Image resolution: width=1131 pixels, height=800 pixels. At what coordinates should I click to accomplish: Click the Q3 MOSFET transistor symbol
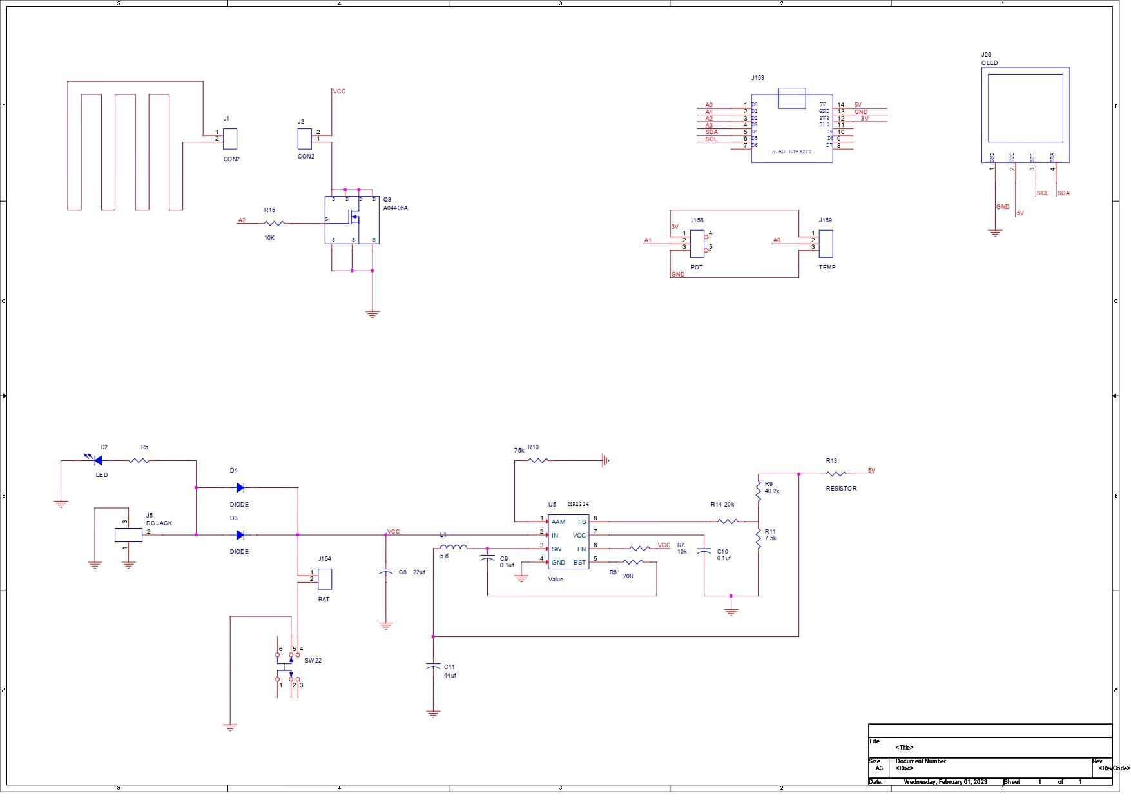coord(352,220)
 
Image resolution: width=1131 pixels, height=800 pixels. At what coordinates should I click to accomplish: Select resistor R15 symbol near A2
coord(275,223)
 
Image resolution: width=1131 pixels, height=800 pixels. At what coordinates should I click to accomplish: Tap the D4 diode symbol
coord(240,487)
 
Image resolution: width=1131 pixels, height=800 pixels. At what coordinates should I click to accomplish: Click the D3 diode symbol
coord(240,534)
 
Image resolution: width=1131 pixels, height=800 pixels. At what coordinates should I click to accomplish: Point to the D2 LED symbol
coord(98,460)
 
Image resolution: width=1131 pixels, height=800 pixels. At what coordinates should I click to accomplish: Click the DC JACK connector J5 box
coord(128,534)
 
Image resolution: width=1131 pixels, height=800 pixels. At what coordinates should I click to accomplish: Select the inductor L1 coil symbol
coord(454,548)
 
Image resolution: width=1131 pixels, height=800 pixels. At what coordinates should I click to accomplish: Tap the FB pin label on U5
coord(581,522)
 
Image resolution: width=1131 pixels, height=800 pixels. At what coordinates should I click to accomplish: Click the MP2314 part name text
coord(578,504)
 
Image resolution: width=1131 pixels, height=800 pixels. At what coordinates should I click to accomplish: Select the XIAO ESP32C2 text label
coord(791,151)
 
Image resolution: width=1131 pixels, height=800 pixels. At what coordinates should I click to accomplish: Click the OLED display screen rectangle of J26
coord(1025,108)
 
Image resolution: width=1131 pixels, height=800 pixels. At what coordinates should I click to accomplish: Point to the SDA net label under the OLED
coord(1063,193)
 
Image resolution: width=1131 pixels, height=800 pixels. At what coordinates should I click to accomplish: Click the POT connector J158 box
coord(697,244)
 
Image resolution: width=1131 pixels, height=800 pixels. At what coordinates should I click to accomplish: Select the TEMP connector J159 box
coord(826,244)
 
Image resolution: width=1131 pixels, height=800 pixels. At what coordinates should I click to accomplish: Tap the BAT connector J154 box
coord(325,578)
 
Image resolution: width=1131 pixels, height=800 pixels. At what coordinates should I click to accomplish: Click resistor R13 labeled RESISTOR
coord(836,474)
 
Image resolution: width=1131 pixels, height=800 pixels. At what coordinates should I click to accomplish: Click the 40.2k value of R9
coord(772,491)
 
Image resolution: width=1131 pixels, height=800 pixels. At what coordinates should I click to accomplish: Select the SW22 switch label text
coord(313,660)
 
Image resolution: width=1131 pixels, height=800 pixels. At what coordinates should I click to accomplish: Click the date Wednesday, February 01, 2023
coord(945,781)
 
